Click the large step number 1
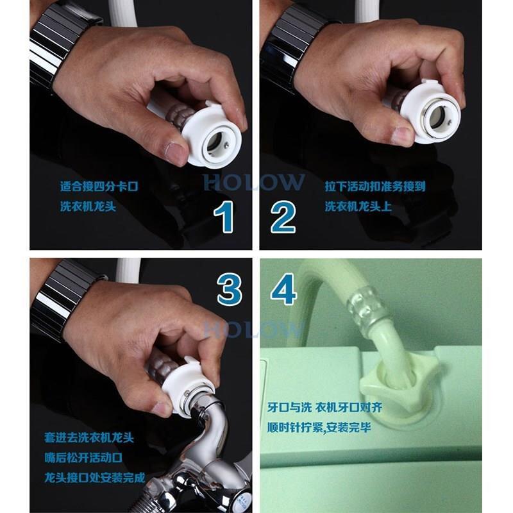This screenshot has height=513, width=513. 224,217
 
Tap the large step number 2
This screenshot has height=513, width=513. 283,217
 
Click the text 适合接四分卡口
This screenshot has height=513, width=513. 99,187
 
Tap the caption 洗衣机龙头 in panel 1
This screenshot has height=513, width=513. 88,206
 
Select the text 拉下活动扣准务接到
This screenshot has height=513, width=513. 375,187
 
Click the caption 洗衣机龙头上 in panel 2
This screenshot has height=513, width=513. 358,206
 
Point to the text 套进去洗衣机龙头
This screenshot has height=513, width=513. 89,438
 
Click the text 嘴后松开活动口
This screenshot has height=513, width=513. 83,458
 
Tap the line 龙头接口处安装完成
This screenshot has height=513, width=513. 95,478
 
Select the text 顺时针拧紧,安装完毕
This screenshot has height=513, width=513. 319,427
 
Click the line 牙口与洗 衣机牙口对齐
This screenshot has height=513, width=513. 324,408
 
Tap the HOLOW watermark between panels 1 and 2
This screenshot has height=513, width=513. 253,182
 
